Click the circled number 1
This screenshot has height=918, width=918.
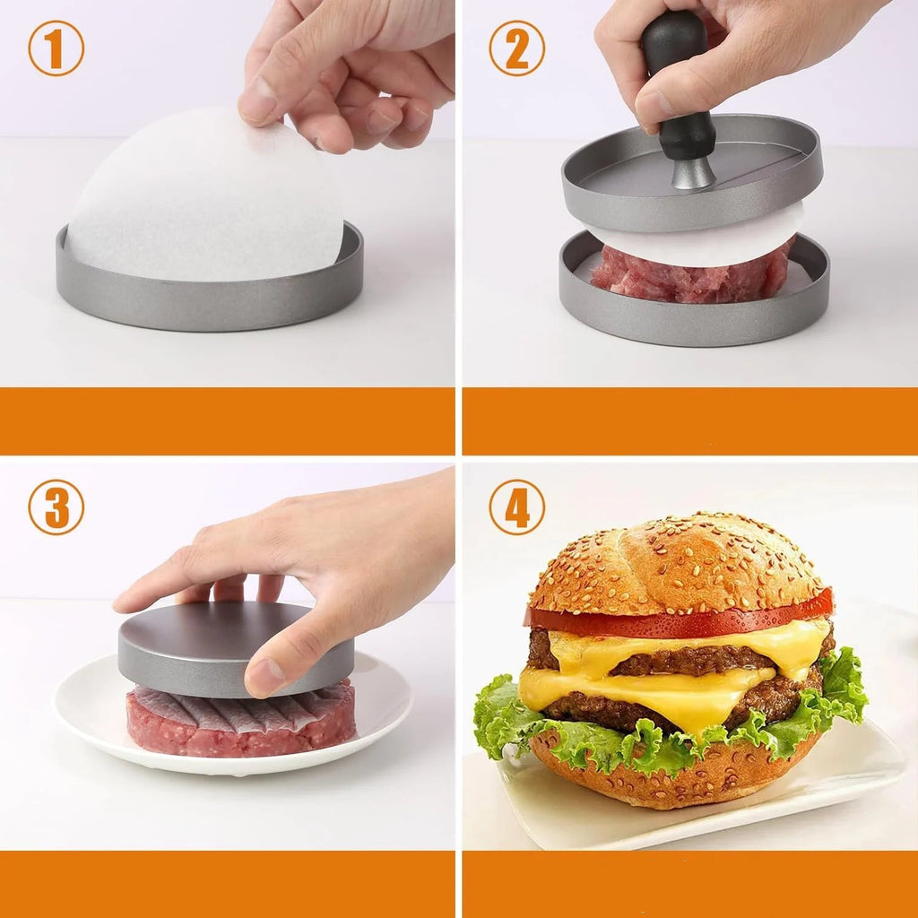tap(56, 48)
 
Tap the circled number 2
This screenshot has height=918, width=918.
tap(517, 48)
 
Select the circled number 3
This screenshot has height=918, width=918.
tap(56, 507)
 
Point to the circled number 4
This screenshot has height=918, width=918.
tap(517, 507)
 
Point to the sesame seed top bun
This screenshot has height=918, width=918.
tap(676, 565)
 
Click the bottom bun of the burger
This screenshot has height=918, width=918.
tap(673, 770)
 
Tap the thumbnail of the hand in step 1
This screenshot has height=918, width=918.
tap(257, 100)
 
